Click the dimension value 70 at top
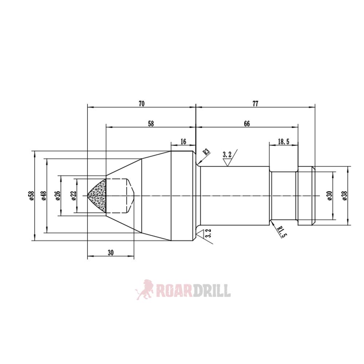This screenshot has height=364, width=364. click(x=142, y=104)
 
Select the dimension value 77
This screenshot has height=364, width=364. click(x=255, y=104)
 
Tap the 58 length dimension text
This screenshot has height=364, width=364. click(x=151, y=124)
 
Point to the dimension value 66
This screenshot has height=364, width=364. click(x=247, y=124)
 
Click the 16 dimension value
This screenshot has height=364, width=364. click(x=183, y=142)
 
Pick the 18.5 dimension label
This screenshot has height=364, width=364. click(x=283, y=142)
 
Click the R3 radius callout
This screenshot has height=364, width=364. click(x=206, y=152)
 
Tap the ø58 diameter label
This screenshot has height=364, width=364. click(x=32, y=195)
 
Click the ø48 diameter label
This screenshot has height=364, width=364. click(x=44, y=195)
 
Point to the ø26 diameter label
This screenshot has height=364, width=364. click(x=58, y=195)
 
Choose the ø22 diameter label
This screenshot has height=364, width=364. click(x=74, y=195)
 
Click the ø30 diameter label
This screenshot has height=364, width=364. click(x=329, y=195)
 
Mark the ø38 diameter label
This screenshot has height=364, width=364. click(x=345, y=195)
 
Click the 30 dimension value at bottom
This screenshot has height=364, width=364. click(x=111, y=253)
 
